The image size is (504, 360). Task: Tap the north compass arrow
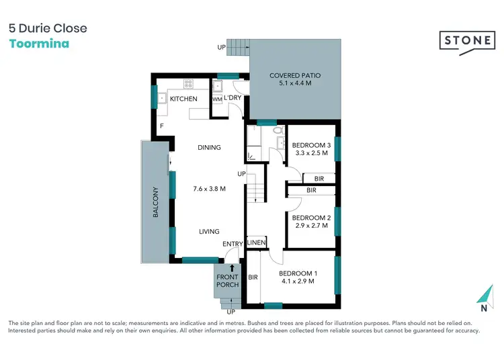click(x=483, y=296)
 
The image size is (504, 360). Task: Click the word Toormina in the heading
click(x=39, y=43)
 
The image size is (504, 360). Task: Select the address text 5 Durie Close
click(x=48, y=28)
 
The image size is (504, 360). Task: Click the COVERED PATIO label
click(x=294, y=76)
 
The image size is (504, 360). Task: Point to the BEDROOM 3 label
click(x=311, y=146)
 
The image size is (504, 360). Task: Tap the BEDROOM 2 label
click(x=311, y=218)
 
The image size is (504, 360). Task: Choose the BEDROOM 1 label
click(x=298, y=273)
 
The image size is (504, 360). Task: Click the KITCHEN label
click(x=183, y=99)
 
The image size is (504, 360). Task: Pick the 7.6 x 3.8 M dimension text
click(x=209, y=189)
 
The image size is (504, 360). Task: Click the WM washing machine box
click(x=216, y=99)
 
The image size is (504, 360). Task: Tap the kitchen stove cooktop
click(x=189, y=84)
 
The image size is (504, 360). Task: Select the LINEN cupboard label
click(x=257, y=242)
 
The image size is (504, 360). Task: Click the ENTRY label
click(x=233, y=244)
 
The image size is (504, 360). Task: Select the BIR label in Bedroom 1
click(x=253, y=277)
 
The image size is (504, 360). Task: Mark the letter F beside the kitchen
click(x=161, y=126)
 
